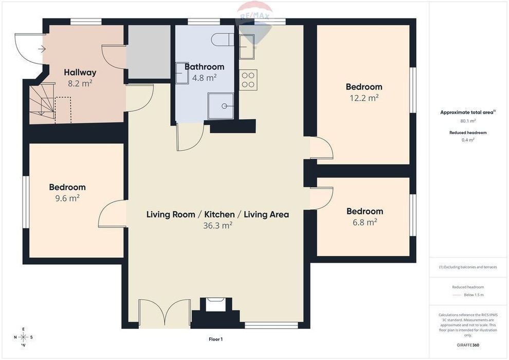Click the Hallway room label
(80, 73)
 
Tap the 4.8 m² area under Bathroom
(204, 78)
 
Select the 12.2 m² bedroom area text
(364, 98)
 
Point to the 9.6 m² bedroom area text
(67, 198)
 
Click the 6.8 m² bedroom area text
(365, 222)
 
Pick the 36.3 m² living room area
(217, 225)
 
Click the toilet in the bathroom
(222, 40)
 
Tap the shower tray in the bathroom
(221, 106)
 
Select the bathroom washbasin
(182, 73)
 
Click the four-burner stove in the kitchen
(248, 80)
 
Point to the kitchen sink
(247, 47)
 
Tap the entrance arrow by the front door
(42, 49)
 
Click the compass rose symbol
(23, 337)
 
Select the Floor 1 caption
(215, 339)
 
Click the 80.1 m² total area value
(468, 121)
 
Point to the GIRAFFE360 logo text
(468, 345)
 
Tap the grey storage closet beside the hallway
(149, 52)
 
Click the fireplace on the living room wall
(215, 313)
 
